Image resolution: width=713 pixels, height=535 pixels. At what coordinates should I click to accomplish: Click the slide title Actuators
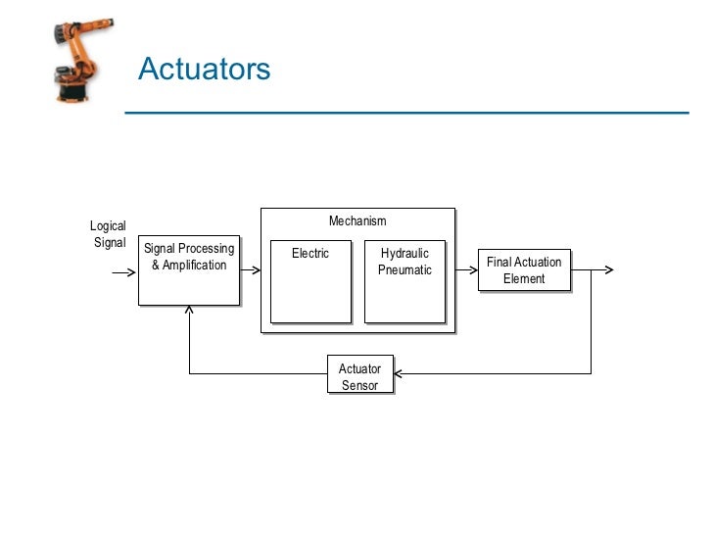pyautogui.click(x=204, y=70)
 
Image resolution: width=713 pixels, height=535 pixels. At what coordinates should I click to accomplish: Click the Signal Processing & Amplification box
pyautogui.click(x=189, y=268)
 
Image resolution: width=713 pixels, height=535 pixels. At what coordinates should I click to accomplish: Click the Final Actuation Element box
pyautogui.click(x=524, y=269)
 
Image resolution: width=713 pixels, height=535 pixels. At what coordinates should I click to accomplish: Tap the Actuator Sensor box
pyautogui.click(x=359, y=376)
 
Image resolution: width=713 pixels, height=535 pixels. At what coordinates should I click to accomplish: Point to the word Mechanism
pyautogui.click(x=357, y=221)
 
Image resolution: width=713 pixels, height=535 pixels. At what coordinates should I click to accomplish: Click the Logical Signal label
pyautogui.click(x=108, y=234)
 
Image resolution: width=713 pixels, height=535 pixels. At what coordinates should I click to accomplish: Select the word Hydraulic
pyautogui.click(x=404, y=254)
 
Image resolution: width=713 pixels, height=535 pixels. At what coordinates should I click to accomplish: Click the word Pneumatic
pyautogui.click(x=404, y=270)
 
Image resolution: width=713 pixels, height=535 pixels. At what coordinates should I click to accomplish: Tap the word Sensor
pyautogui.click(x=359, y=385)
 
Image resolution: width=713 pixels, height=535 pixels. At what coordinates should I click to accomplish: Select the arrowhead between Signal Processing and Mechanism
pyautogui.click(x=255, y=269)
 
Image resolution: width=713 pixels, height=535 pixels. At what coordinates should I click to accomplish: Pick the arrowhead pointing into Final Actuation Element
pyautogui.click(x=472, y=269)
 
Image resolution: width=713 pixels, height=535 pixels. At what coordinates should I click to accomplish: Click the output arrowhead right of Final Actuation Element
pyautogui.click(x=610, y=269)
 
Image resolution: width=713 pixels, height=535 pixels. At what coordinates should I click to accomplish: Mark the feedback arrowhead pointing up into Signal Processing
pyautogui.click(x=189, y=311)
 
